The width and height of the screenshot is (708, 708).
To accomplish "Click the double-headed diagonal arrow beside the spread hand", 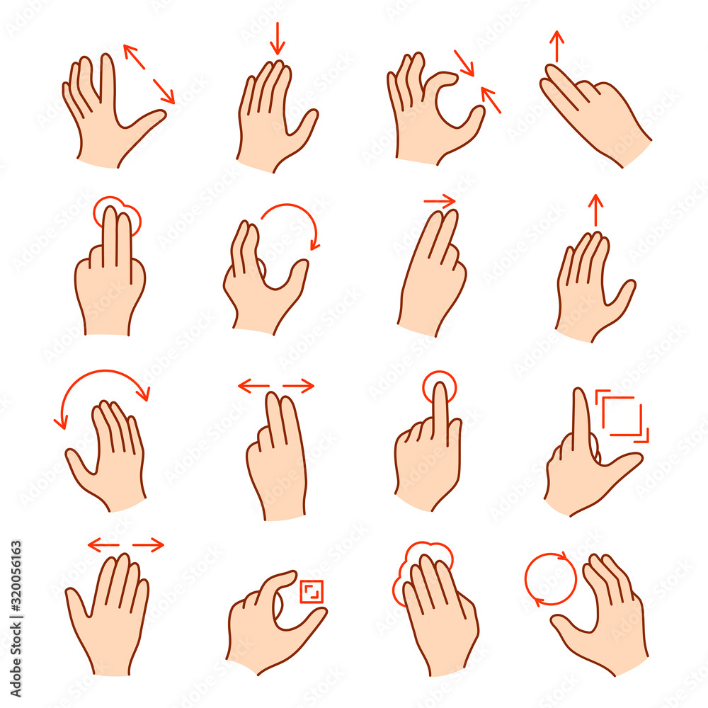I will pos(149,74).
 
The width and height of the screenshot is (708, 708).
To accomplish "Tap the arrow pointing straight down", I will pos(278,38).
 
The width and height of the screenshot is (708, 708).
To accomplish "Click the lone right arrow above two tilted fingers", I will pos(440,202).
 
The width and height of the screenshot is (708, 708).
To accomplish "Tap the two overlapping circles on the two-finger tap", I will pos(117,214).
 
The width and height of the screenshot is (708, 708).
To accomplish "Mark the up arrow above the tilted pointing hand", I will pos(558,47).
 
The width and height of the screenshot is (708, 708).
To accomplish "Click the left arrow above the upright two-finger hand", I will pos(253,387).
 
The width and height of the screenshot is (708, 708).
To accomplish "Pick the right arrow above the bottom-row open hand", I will pos(148,544).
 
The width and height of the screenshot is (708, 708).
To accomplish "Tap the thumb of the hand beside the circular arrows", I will pos(571,627).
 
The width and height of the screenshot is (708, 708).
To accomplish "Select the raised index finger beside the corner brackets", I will pos(581,418).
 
